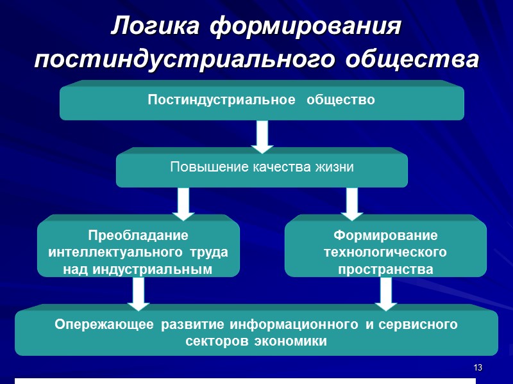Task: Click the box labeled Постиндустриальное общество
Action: [x=262, y=100]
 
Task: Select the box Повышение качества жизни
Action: [x=262, y=168]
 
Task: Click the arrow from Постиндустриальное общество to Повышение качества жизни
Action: [x=262, y=136]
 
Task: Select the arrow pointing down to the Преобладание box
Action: [x=183, y=203]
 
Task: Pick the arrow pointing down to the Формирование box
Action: [x=351, y=203]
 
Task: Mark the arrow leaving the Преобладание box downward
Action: [x=138, y=293]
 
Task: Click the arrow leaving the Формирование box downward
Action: [x=385, y=293]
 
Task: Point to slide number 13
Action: [x=477, y=368]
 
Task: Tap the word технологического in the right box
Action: [x=385, y=252]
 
